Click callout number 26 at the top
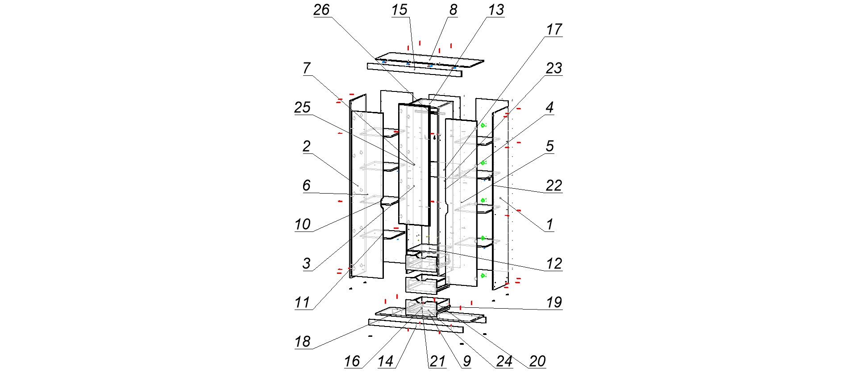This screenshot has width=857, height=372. point(321,10)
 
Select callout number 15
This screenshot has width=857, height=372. point(399,10)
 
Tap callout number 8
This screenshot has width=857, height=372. point(453,10)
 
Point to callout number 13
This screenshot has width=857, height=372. point(496,10)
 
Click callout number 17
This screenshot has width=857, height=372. point(554,29)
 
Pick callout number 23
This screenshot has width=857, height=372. point(554,68)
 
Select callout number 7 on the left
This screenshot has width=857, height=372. point(306,68)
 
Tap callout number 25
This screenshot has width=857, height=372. point(302,107)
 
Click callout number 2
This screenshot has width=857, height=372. point(306,146)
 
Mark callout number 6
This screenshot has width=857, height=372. point(306,185)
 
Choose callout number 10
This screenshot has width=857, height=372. point(302,224)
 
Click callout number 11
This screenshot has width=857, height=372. point(302,302)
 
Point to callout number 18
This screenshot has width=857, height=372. point(302,342)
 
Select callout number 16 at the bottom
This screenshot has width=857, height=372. point(352,361)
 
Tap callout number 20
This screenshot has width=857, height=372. point(537,361)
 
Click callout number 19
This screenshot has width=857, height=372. point(554,302)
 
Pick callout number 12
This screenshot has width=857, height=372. point(554,263)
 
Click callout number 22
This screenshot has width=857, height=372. point(554,185)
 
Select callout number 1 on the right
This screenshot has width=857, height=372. point(550,224)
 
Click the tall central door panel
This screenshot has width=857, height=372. point(414,165)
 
